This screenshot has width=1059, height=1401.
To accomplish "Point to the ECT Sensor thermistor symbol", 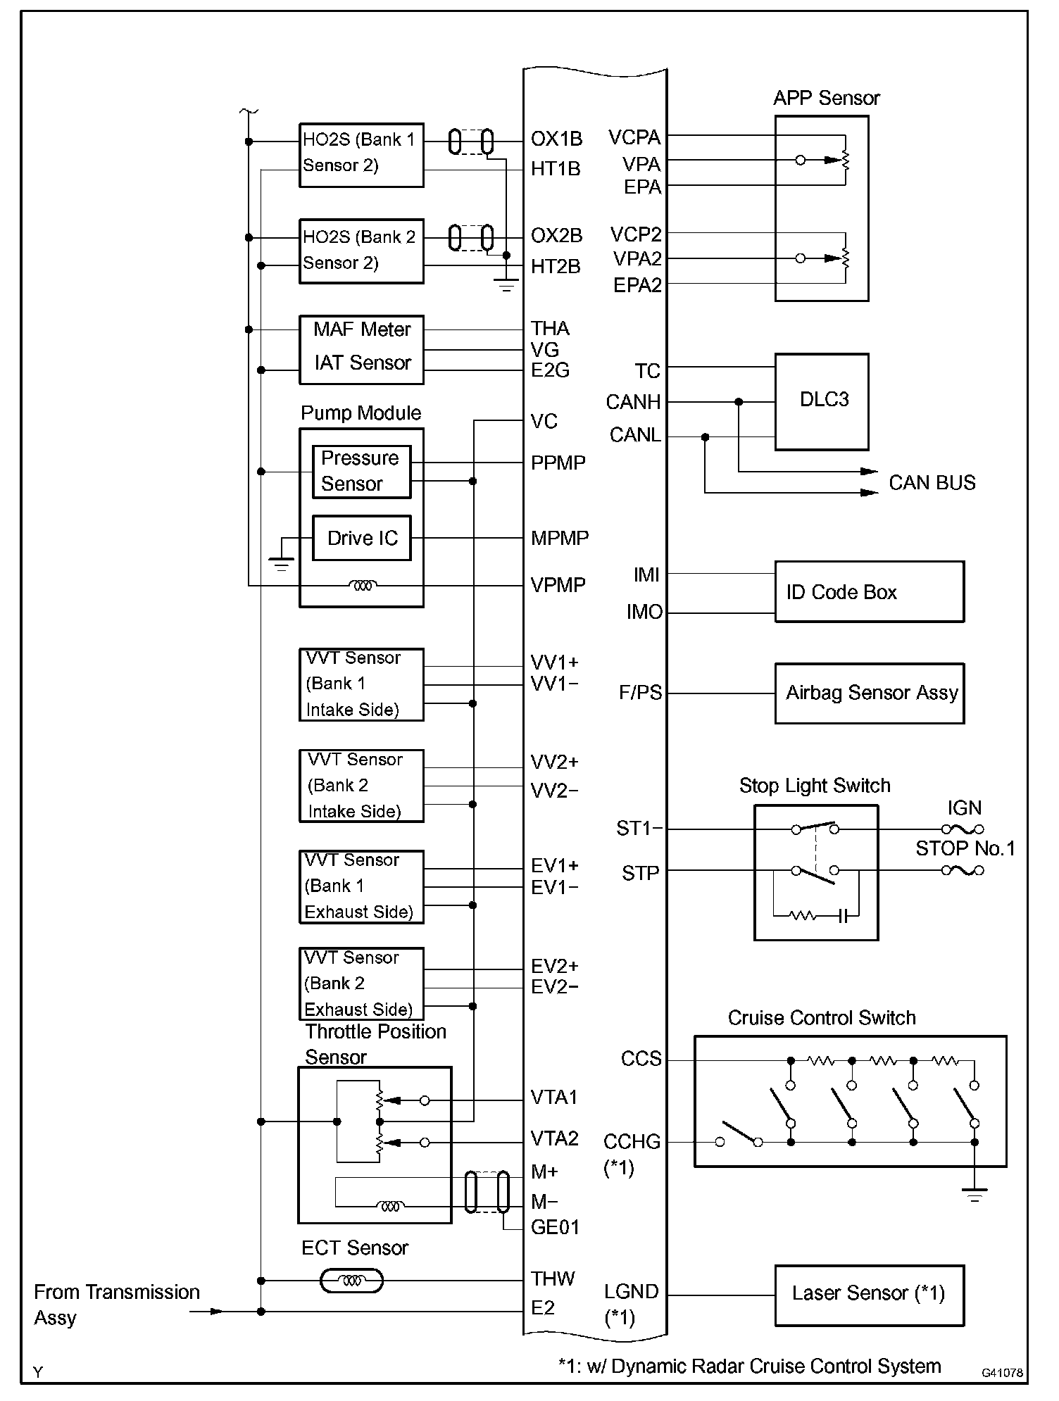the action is pyautogui.click(x=352, y=1281).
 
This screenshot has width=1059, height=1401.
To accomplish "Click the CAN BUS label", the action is pyautogui.click(x=932, y=483).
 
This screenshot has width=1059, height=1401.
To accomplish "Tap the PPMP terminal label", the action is pyautogui.click(x=558, y=463).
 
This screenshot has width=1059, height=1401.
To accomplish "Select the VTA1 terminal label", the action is pyautogui.click(x=554, y=1098).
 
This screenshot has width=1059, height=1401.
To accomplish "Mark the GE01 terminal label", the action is pyautogui.click(x=556, y=1227).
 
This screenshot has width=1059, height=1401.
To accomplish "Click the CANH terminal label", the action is pyautogui.click(x=634, y=403).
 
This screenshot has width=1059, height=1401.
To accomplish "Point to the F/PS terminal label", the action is pyautogui.click(x=641, y=693).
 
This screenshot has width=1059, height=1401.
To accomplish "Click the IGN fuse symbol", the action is pyautogui.click(x=963, y=829).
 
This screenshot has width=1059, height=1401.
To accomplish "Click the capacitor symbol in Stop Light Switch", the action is pyautogui.click(x=844, y=916).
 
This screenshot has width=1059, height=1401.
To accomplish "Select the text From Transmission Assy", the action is pyautogui.click(x=117, y=1305).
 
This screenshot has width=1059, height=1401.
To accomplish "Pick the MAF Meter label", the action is pyautogui.click(x=362, y=329).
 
